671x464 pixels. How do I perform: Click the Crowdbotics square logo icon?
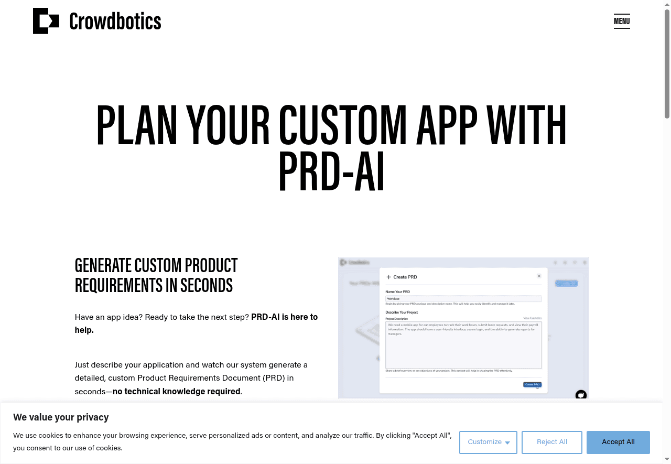click(46, 21)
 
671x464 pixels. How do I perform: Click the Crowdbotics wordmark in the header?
click(115, 21)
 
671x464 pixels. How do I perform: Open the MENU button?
click(622, 21)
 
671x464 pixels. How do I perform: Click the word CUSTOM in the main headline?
click(342, 126)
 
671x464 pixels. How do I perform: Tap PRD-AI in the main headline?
click(331, 171)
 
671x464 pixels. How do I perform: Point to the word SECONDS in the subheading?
click(207, 285)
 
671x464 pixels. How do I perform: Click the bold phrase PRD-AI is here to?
click(284, 317)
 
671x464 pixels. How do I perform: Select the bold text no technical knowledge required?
click(176, 391)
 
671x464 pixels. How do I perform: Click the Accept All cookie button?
click(618, 442)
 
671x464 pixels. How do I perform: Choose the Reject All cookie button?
click(551, 442)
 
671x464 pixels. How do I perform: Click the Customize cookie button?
click(488, 442)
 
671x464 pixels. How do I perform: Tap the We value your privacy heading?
click(61, 417)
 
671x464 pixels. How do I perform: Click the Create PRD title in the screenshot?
click(405, 277)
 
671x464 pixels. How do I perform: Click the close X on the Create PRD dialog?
click(539, 276)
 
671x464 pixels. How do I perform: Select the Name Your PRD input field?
click(463, 298)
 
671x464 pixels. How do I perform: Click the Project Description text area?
click(463, 345)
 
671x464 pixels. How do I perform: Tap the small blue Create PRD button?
click(532, 384)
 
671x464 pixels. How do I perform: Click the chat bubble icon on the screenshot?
click(580, 395)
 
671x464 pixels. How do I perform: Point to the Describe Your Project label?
click(402, 312)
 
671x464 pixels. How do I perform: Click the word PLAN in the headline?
click(137, 126)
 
